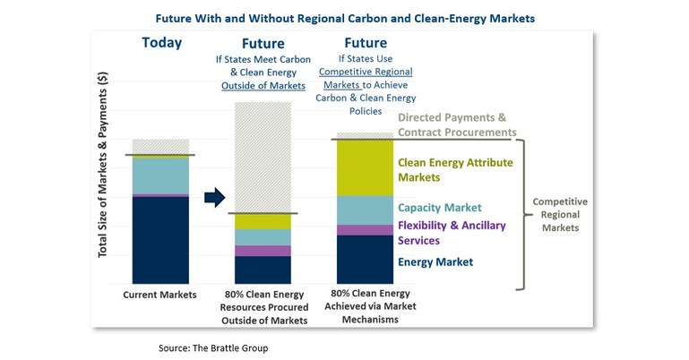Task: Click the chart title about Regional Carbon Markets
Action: click(x=345, y=16)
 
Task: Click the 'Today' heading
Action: click(x=161, y=43)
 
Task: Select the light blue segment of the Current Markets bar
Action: click(x=161, y=176)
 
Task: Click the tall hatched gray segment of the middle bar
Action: click(x=263, y=157)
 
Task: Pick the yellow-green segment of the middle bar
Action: click(x=263, y=221)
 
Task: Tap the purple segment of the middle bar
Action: click(x=263, y=251)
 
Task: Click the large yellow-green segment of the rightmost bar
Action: click(x=365, y=167)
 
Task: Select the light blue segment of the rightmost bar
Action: click(x=365, y=210)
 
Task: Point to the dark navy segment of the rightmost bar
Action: click(x=365, y=259)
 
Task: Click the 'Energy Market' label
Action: click(x=435, y=262)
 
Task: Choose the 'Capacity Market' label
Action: click(x=440, y=208)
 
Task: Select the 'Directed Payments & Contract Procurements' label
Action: click(x=457, y=124)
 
